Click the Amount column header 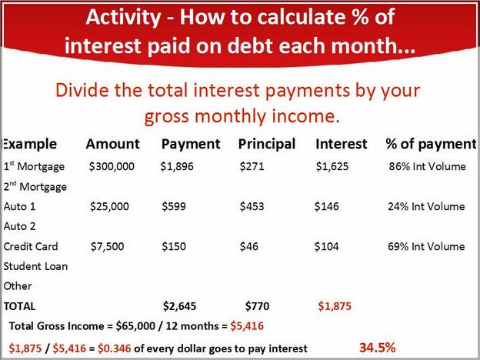pyautogui.click(x=112, y=144)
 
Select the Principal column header pyautogui.click(x=267, y=144)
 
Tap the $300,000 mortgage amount pyautogui.click(x=112, y=166)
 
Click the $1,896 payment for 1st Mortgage pyautogui.click(x=177, y=166)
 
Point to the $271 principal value pyautogui.click(x=252, y=166)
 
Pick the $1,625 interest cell pyautogui.click(x=332, y=166)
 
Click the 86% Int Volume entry pyautogui.click(x=428, y=166)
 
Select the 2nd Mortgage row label pyautogui.click(x=35, y=186)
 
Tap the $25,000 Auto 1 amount pyautogui.click(x=109, y=206)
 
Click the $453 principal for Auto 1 pyautogui.click(x=252, y=206)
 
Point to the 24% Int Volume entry pyautogui.click(x=426, y=206)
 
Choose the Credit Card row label pyautogui.click(x=31, y=246)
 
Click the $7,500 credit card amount pyautogui.click(x=107, y=246)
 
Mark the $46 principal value pyautogui.click(x=249, y=246)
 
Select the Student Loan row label pyautogui.click(x=35, y=266)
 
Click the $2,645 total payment pyautogui.click(x=179, y=306)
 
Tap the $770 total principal pyautogui.click(x=257, y=306)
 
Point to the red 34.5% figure pyautogui.click(x=378, y=348)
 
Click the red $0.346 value pyautogui.click(x=114, y=348)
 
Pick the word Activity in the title pyautogui.click(x=123, y=17)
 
